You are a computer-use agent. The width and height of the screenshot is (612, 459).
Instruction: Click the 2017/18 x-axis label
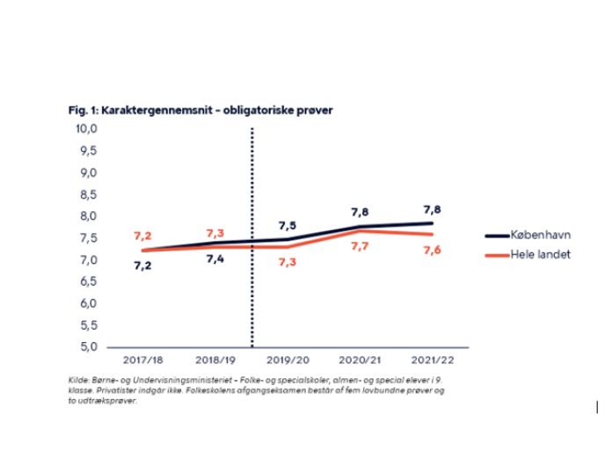pos(142,360)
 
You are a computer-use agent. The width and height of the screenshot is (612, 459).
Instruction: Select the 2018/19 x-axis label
pos(215,360)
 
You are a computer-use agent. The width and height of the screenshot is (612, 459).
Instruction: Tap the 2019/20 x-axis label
pos(287,360)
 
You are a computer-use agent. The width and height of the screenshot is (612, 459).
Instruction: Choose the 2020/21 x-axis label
pos(359,360)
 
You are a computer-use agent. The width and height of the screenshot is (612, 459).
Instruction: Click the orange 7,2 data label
pos(142,236)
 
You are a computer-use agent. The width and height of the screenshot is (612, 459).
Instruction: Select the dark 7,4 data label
pos(215,259)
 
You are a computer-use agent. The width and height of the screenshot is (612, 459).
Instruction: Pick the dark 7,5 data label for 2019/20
pos(287,225)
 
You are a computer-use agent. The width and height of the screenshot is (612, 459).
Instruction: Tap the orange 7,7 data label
pos(359,247)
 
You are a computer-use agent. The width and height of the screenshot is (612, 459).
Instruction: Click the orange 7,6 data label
pos(431,251)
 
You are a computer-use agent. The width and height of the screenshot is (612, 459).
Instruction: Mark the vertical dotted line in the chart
pos(252,237)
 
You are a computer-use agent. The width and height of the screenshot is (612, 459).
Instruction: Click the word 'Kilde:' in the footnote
pos(77,378)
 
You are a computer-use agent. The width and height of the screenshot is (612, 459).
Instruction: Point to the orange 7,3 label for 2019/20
pos(287,262)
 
